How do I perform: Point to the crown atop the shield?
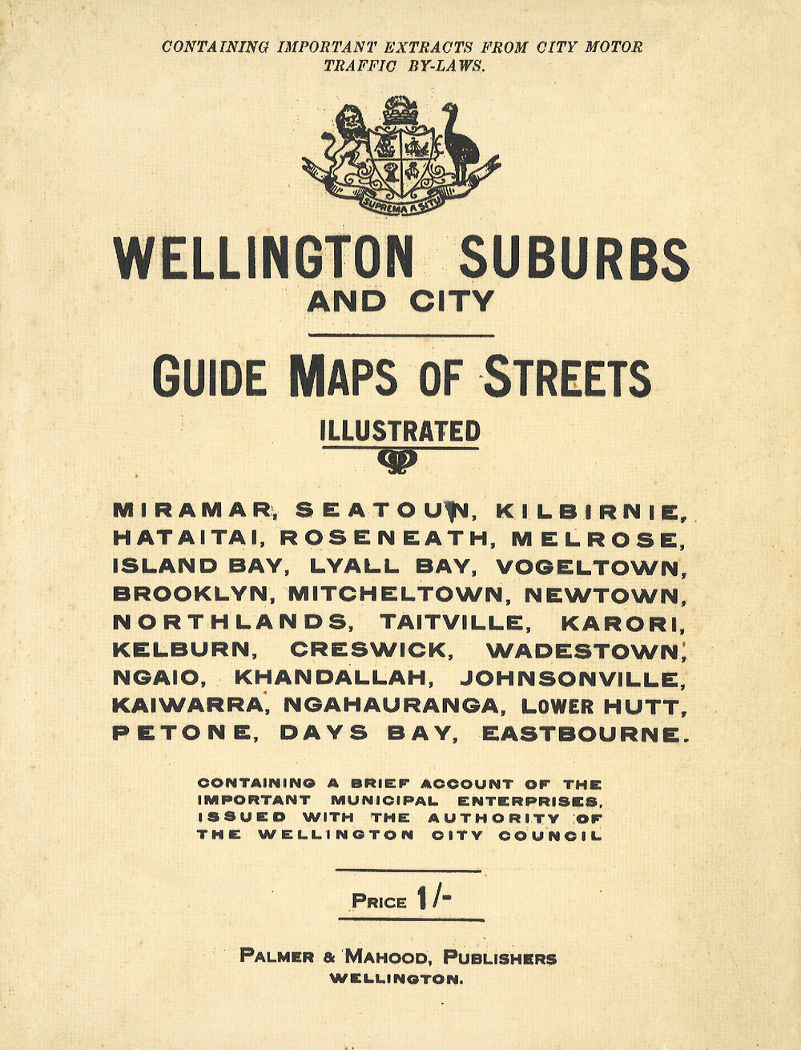(x=400, y=112)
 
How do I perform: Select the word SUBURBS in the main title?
(x=574, y=259)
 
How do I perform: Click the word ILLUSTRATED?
(x=400, y=432)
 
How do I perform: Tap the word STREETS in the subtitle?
(x=566, y=378)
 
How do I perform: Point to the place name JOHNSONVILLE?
(x=574, y=679)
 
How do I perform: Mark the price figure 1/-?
(x=434, y=899)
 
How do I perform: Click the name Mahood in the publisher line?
(x=392, y=956)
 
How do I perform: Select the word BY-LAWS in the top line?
(x=445, y=66)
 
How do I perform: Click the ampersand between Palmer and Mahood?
(x=329, y=957)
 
